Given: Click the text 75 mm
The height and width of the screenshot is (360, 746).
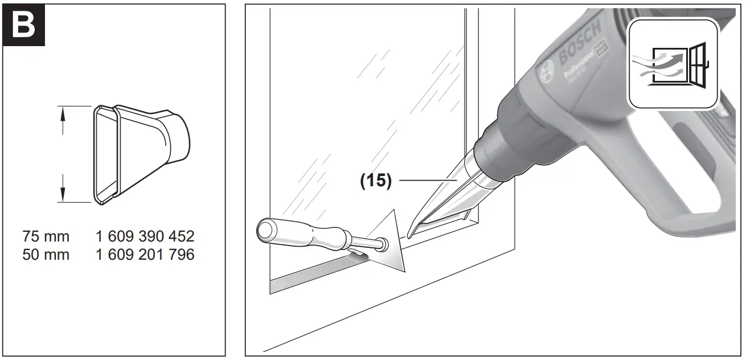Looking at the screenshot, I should (46, 236).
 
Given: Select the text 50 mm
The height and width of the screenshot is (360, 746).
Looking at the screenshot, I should (46, 255).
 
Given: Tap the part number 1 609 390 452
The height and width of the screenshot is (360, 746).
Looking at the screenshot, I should (145, 236).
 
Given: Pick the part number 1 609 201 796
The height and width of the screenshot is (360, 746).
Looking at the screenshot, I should (145, 255).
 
